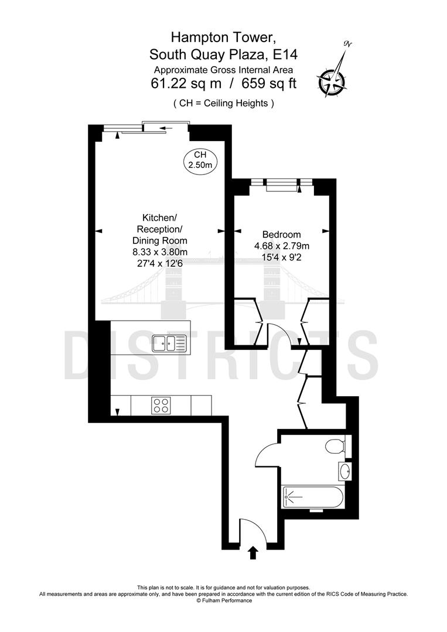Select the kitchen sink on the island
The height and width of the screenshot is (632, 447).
pos(169,343)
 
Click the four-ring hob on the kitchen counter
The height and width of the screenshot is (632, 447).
pos(161,404)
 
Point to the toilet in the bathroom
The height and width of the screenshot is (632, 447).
pos(336,446)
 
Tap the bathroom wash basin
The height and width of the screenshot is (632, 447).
pos(344,470)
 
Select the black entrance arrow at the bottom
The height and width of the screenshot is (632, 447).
pos(253,553)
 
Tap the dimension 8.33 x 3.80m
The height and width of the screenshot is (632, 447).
pos(160,252)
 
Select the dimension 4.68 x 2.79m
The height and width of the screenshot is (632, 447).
pos(282,246)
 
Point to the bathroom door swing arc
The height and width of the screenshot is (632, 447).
pos(264,452)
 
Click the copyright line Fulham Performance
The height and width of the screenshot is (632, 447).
pos(224,600)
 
